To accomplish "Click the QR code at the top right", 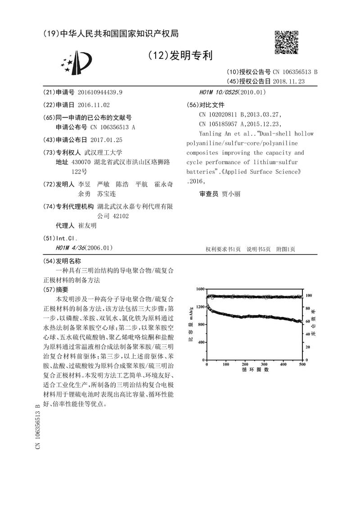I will click(x=286, y=44).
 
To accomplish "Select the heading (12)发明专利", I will click(x=180, y=56).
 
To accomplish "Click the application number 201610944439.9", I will click(x=100, y=92).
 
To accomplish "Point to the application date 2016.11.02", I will click(x=93, y=104).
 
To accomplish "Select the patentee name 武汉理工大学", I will click(x=106, y=152).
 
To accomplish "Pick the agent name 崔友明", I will click(x=87, y=226).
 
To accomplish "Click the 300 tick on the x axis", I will click(x=264, y=364).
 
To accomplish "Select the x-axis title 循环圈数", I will click(x=255, y=370).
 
